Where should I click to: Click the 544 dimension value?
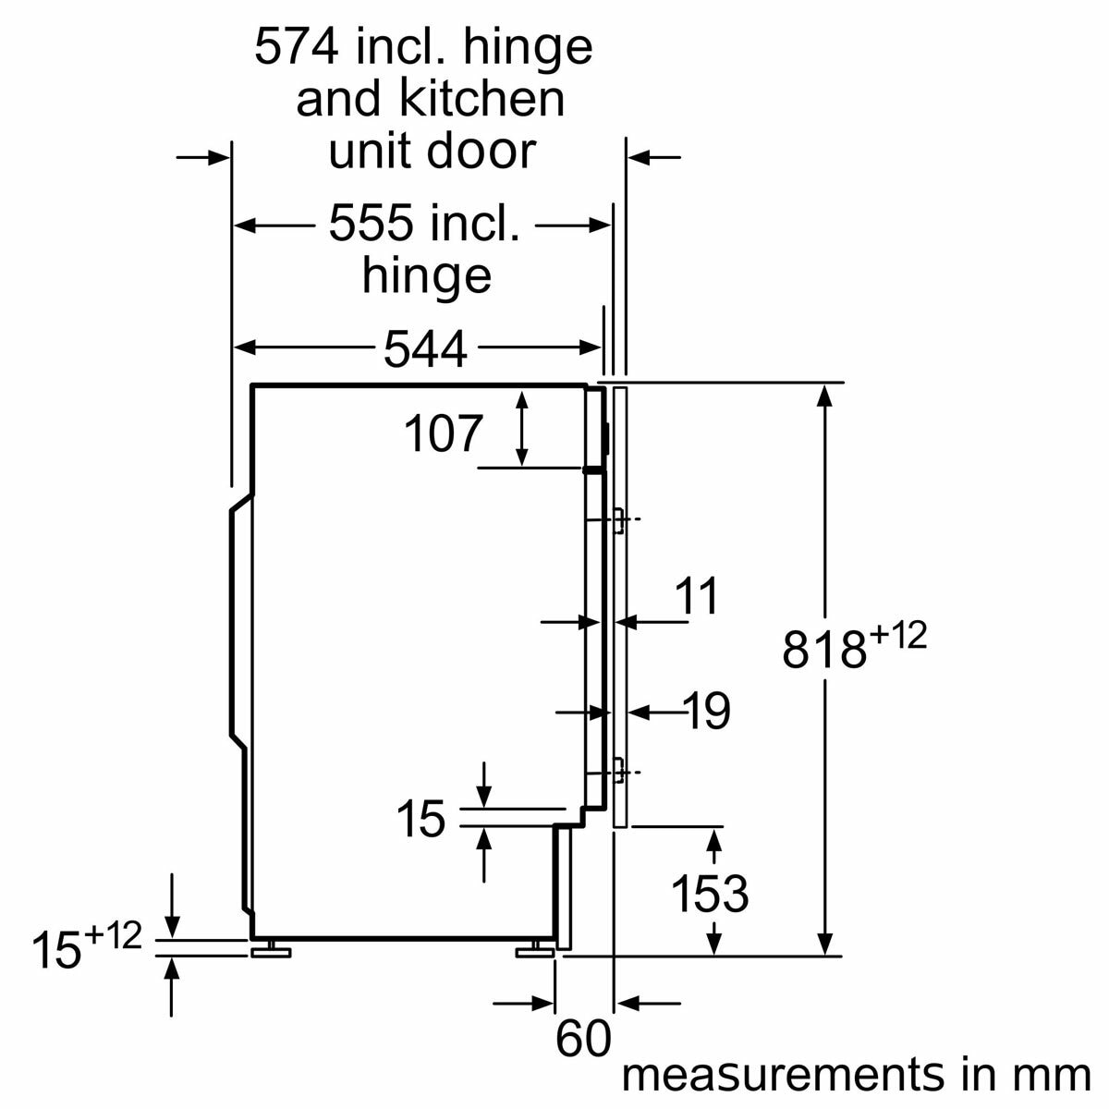point(425,348)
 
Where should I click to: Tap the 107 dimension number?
point(444,433)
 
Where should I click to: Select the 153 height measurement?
point(709,893)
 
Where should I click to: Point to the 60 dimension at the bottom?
point(583,1039)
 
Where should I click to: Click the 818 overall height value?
point(824,649)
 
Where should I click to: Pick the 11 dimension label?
point(697,596)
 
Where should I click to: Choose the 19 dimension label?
point(707,711)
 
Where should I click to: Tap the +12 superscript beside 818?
point(897,637)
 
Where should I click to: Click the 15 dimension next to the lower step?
point(420,819)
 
